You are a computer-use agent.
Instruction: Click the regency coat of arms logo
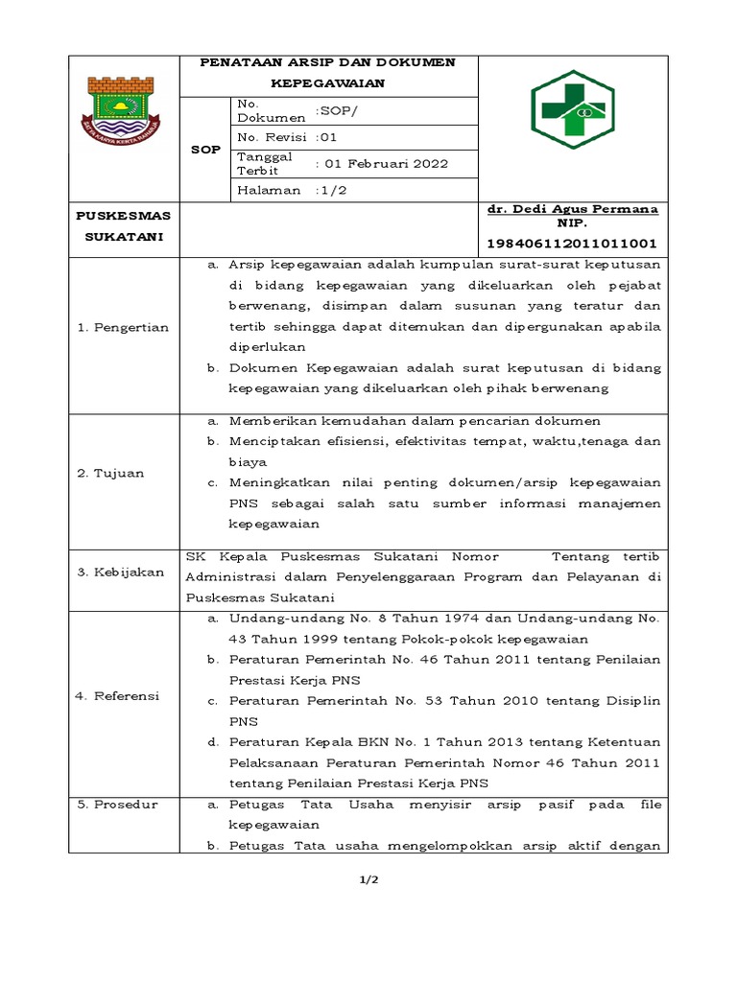(125, 114)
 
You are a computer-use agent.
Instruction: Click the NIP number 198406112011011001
(573, 244)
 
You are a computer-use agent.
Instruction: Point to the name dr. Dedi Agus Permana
(573, 208)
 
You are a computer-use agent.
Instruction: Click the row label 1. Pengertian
(122, 327)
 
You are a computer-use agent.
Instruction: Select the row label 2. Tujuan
(110, 473)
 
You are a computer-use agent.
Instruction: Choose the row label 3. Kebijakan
(120, 572)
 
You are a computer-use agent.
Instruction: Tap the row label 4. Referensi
(118, 695)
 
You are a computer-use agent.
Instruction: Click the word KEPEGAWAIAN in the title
(327, 83)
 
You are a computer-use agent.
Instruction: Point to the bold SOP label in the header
(205, 151)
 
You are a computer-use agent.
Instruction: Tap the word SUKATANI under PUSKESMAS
(122, 236)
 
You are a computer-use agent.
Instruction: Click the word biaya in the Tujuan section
(247, 461)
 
